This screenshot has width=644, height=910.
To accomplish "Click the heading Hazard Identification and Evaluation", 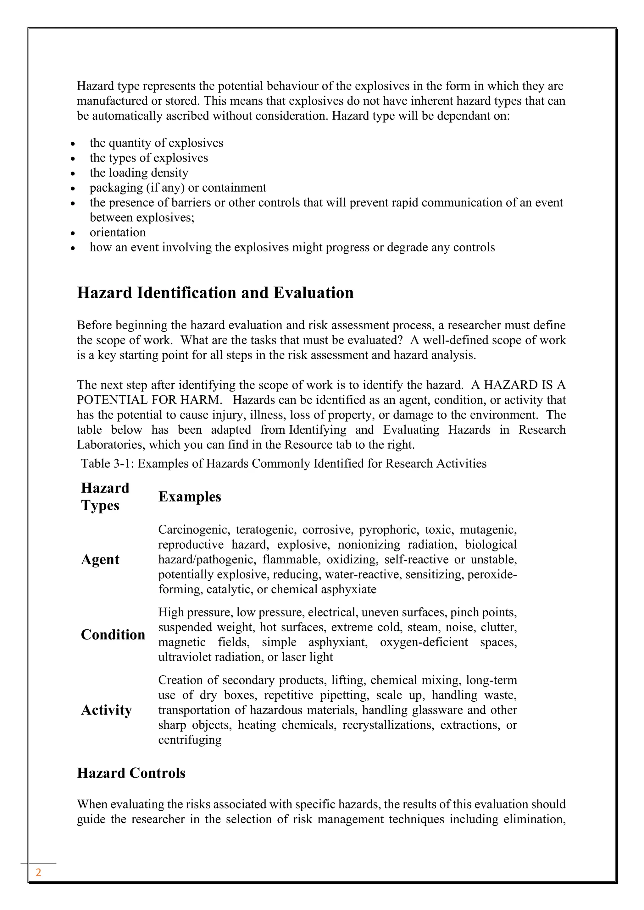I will tap(215, 293).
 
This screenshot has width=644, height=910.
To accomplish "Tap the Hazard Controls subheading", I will tap(131, 773).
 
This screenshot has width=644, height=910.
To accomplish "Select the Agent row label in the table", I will tap(100, 559).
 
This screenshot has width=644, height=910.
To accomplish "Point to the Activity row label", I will tap(106, 710).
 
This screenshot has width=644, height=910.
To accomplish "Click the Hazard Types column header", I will tap(105, 496).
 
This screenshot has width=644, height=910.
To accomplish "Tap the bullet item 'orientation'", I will tap(118, 232).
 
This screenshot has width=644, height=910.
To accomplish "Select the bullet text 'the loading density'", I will tap(139, 173).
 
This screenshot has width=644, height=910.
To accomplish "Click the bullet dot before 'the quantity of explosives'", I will tap(73, 144).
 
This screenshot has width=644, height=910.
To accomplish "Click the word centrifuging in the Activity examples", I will tap(190, 740).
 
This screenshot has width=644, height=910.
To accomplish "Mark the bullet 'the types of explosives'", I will tap(149, 158).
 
